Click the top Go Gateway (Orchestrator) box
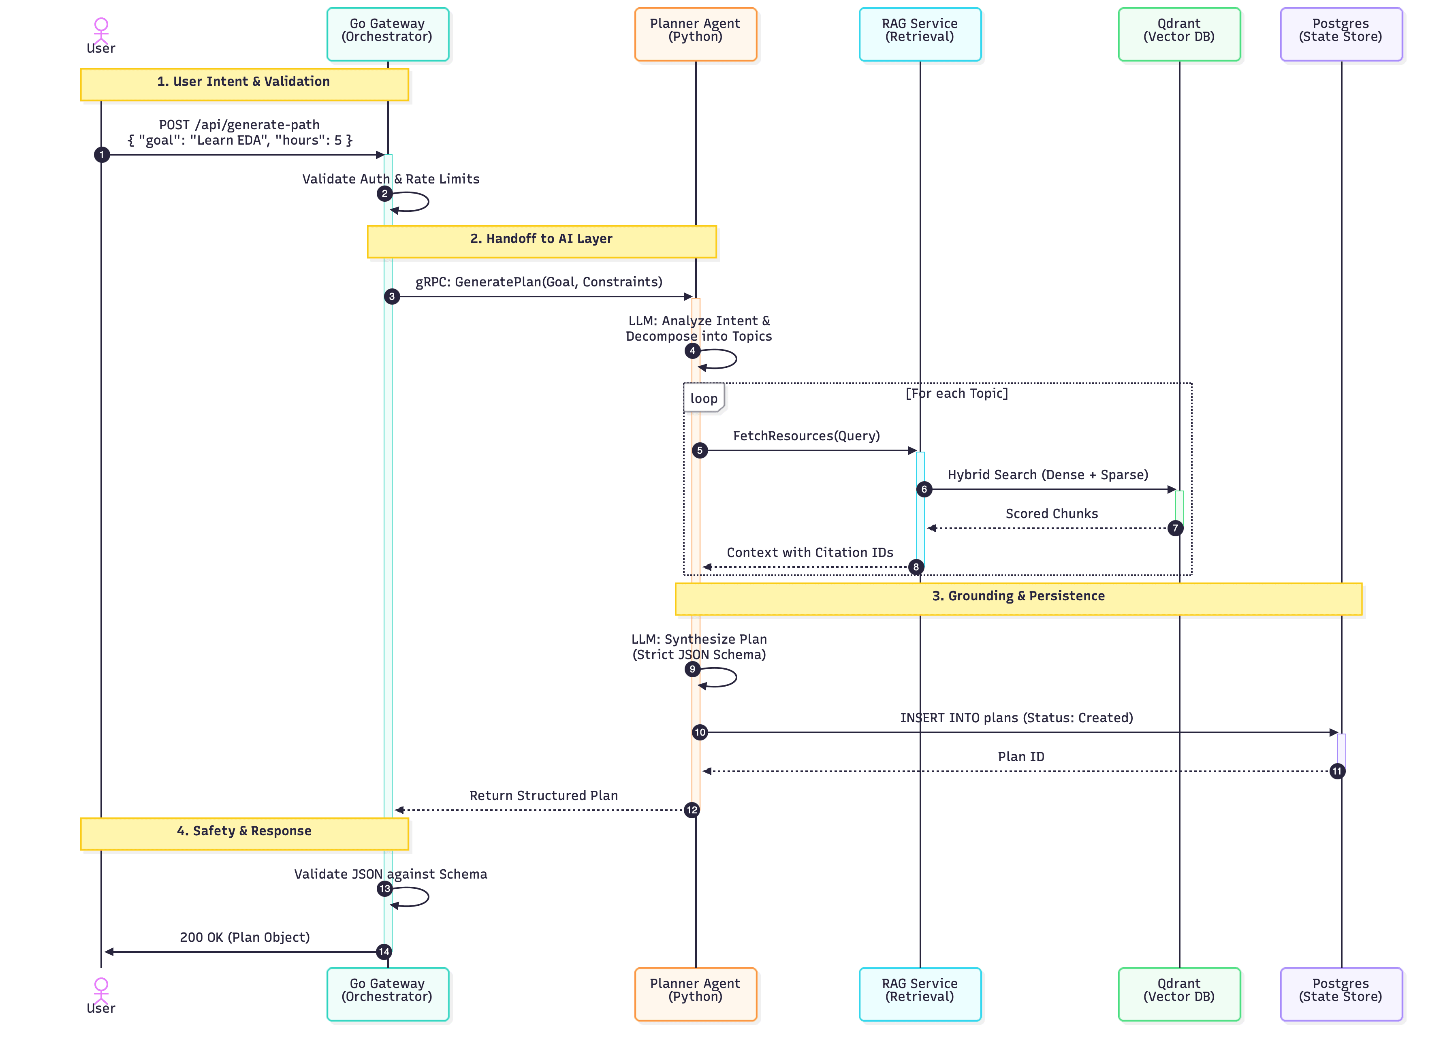click(x=387, y=34)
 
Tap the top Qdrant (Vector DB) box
click(x=1179, y=34)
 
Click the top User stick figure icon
click(x=101, y=29)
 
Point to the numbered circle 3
click(x=392, y=296)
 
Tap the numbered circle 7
click(x=1175, y=528)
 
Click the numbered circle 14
click(x=383, y=951)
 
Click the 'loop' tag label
click(x=704, y=398)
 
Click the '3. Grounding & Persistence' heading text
click(x=1018, y=595)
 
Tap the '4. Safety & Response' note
click(x=244, y=833)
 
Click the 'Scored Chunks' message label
click(x=1051, y=514)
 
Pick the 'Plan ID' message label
click(x=1021, y=757)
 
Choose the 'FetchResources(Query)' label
click(x=806, y=436)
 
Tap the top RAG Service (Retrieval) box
click(x=919, y=34)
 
